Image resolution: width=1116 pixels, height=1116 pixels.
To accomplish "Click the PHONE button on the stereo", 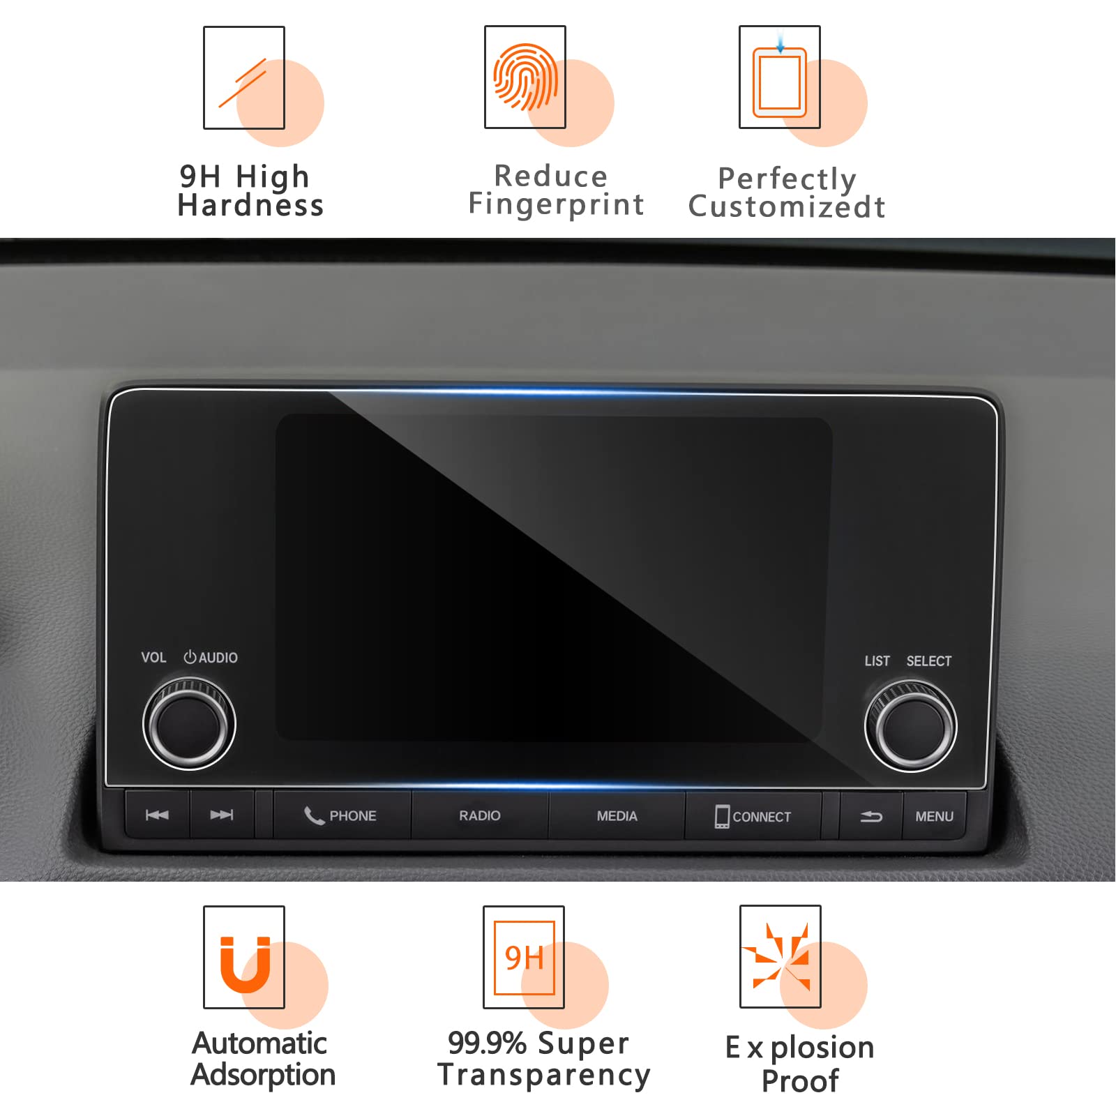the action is pos(342,815).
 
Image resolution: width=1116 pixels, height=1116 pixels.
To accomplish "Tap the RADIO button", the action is pos(480,815).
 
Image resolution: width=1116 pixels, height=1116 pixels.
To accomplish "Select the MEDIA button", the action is pos(617,815).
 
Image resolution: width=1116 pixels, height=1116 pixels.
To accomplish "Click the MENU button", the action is pos(934,816).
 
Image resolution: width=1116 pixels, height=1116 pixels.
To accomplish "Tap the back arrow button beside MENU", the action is pos(871,816).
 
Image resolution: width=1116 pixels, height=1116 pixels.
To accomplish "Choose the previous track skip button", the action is pos(157,815).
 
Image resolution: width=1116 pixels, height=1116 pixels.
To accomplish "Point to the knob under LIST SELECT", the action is pos(910,726).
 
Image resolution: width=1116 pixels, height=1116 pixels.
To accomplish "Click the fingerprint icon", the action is pos(525,77).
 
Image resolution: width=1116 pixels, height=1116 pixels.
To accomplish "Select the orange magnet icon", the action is pos(245,964).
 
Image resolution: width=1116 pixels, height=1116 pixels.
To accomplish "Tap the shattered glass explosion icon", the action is pos(780,955).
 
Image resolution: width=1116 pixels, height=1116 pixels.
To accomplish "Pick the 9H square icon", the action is pos(524,957).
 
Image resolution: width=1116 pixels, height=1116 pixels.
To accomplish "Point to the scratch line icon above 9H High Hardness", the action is pos(242,83).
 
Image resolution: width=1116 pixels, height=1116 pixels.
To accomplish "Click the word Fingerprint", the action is pos(556,205).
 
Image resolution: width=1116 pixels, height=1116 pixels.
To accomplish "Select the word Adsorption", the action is pos(263,1075).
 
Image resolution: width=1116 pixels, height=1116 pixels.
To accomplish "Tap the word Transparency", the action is pos(544,1075).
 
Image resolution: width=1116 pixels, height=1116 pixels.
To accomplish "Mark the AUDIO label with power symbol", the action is pos(211,657).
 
